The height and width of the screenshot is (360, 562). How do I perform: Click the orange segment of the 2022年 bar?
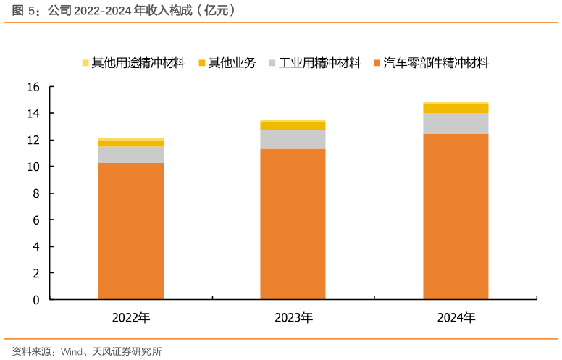click(131, 230)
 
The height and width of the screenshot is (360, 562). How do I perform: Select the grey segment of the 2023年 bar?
click(293, 140)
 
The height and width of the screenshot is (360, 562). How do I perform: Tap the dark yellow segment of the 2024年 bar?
click(456, 108)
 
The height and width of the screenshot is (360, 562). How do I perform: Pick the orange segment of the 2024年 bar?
click(456, 216)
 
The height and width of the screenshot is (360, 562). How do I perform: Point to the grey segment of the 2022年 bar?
click(131, 154)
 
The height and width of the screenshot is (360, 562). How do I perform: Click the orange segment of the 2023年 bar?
click(293, 224)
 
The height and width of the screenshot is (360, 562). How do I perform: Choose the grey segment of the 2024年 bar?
click(456, 123)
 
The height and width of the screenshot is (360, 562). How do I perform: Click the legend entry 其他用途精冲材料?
click(138, 63)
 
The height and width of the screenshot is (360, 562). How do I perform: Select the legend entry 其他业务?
click(231, 63)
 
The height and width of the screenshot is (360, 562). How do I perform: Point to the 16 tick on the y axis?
click(33, 87)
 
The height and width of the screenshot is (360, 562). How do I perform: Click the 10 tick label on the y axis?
click(33, 167)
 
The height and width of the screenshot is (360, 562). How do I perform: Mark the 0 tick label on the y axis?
click(35, 299)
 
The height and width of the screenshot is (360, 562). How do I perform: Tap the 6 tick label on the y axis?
click(35, 219)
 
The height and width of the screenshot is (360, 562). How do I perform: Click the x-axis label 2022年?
click(131, 317)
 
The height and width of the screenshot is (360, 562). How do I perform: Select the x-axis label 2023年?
click(293, 317)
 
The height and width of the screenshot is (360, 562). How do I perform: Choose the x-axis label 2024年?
click(456, 317)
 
